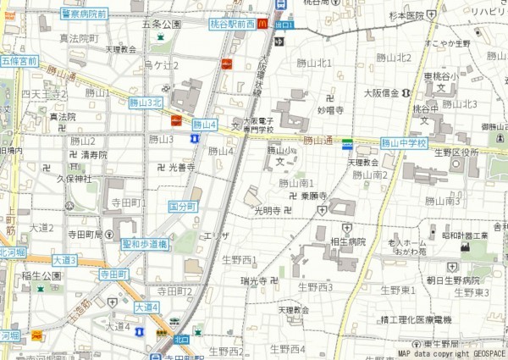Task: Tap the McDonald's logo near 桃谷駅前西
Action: click(262, 25)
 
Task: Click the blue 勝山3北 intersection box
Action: click(145, 102)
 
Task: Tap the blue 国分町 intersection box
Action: click(182, 206)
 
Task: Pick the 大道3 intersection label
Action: click(64, 260)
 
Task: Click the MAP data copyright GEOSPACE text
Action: click(451, 354)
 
